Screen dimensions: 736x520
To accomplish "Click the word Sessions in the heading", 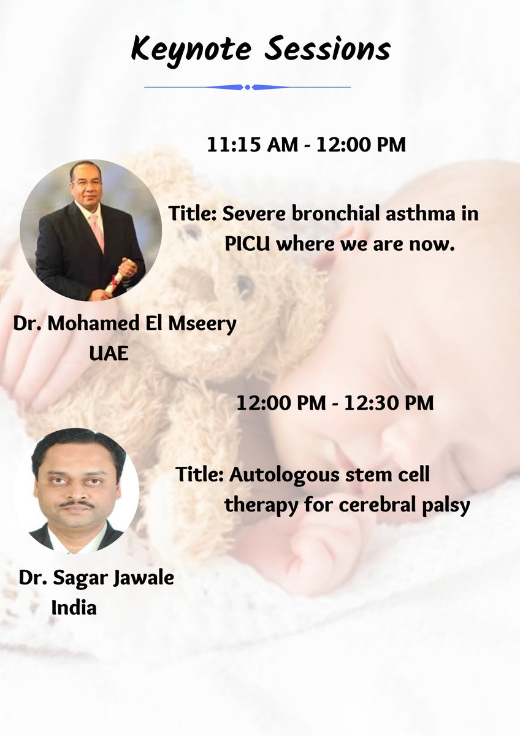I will [329, 49].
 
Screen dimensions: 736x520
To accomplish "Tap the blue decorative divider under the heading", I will [247, 87].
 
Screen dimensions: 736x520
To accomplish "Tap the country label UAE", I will [109, 354].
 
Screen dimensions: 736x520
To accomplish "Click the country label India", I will [74, 607].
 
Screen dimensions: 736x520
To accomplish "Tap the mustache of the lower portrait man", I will [77, 504].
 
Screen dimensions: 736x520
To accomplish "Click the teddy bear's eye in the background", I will [244, 286].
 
